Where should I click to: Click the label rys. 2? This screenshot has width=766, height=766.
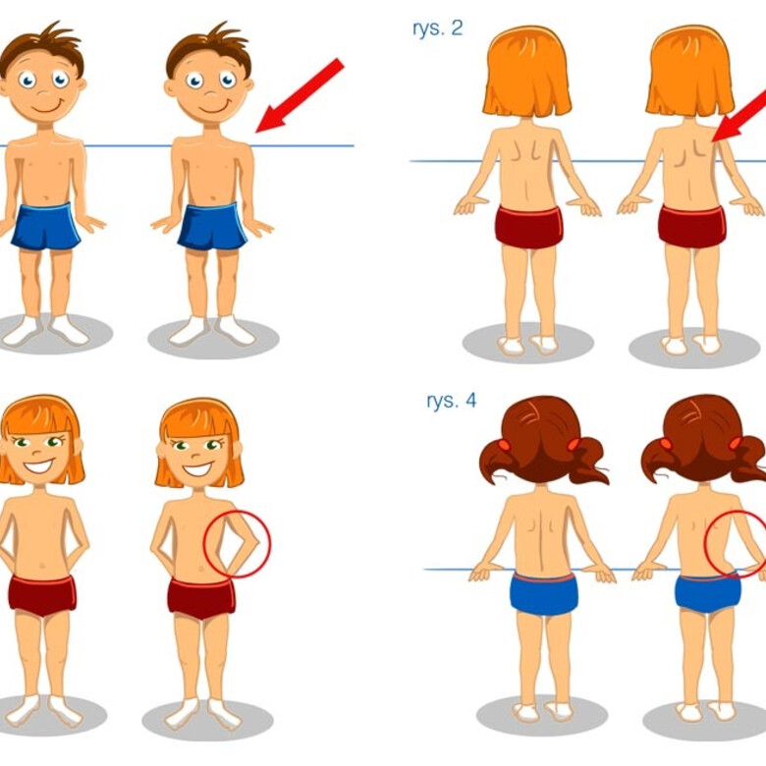(437, 28)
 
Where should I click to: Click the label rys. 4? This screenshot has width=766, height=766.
(451, 401)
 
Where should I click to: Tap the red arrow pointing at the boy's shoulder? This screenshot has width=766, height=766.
(300, 95)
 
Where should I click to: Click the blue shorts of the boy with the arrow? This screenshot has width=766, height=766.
(212, 226)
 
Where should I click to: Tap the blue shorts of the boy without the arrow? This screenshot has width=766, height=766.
(46, 226)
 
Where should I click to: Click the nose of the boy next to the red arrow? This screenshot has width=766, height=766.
(211, 93)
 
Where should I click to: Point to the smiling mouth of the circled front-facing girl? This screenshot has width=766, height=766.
(197, 469)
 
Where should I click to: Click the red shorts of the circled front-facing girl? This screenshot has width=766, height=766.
(201, 598)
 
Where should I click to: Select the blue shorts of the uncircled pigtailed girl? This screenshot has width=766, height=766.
(544, 594)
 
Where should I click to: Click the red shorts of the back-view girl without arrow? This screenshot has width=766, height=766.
(528, 227)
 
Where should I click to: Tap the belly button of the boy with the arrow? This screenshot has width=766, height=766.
(213, 198)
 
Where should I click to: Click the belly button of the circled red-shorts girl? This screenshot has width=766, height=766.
(200, 570)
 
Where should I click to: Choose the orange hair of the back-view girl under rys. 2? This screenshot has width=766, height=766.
(527, 74)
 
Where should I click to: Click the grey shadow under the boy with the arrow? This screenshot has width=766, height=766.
(213, 338)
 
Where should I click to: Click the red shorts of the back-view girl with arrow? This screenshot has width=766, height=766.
(691, 227)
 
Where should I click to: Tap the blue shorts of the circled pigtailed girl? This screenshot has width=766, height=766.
(708, 594)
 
